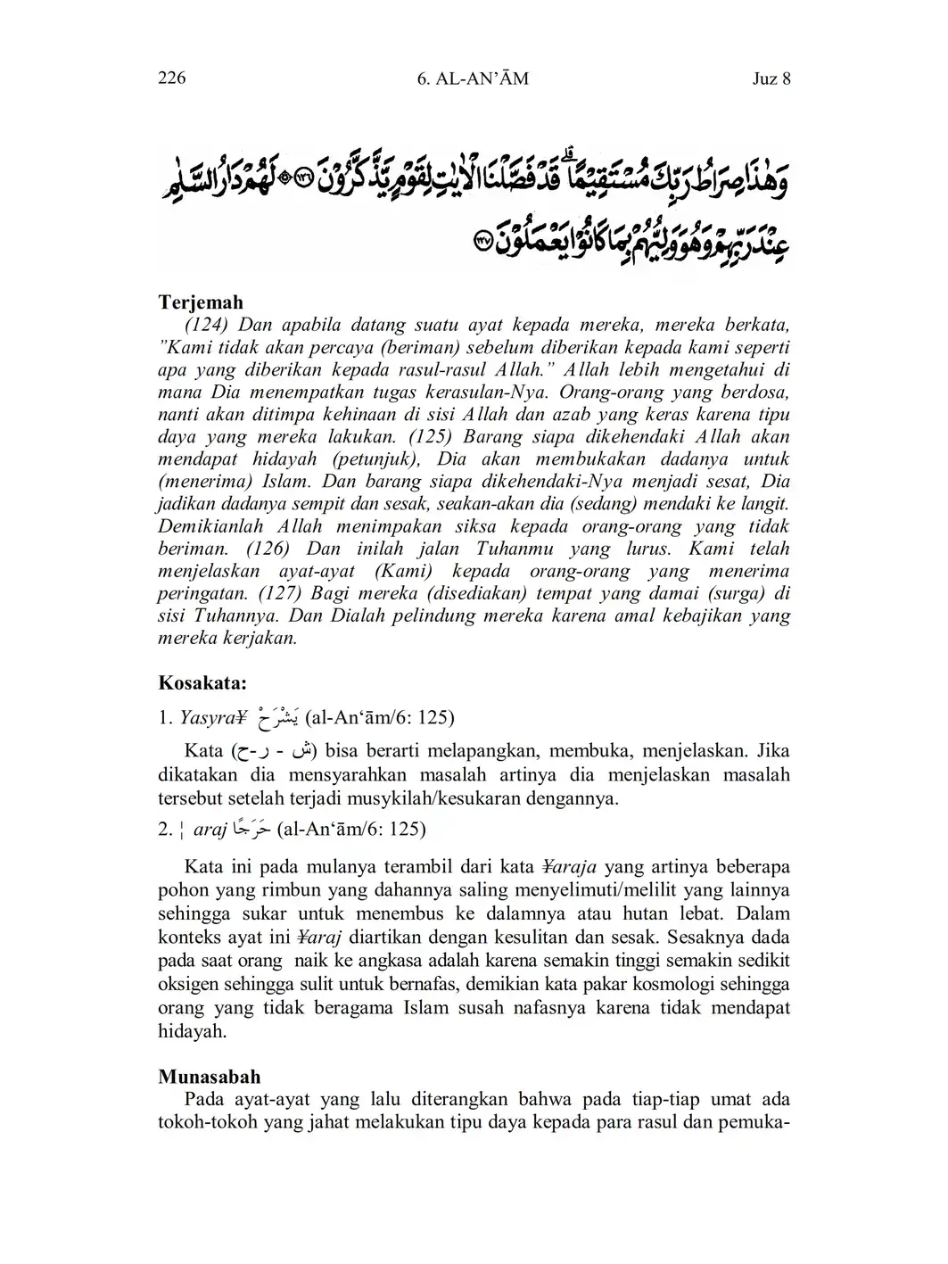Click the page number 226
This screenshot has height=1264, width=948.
point(171,78)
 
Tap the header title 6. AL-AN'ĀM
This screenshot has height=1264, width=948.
point(473,78)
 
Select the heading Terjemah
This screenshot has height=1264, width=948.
point(201,302)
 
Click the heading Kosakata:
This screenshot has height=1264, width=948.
point(202,683)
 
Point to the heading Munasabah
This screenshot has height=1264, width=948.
point(209,1077)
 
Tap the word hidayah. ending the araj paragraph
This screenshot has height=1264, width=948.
point(192,1031)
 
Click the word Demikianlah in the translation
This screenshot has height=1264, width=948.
point(210,526)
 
